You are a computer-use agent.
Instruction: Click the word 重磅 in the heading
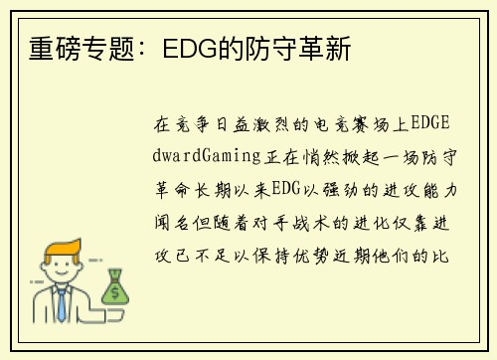pyautogui.click(x=55, y=49)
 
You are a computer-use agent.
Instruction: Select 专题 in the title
pyautogui.click(x=108, y=49)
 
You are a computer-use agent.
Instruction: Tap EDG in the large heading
pyautogui.click(x=190, y=49)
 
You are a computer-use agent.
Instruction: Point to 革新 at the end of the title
pyautogui.click(x=325, y=49)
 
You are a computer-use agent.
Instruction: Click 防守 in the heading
pyautogui.click(x=271, y=49)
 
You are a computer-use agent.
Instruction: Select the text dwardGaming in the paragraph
pyautogui.click(x=207, y=156)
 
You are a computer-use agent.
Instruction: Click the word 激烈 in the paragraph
pyautogui.click(x=271, y=124)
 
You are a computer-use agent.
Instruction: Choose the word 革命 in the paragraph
pyautogui.click(x=173, y=190)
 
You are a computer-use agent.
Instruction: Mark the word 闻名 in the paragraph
pyautogui.click(x=172, y=223)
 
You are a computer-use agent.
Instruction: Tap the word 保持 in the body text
pyautogui.click(x=271, y=256)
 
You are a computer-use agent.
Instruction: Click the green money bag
pyautogui.click(x=115, y=286)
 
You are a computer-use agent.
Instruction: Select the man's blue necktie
pyautogui.click(x=62, y=305)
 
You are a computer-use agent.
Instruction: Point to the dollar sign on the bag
pyautogui.click(x=115, y=292)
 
